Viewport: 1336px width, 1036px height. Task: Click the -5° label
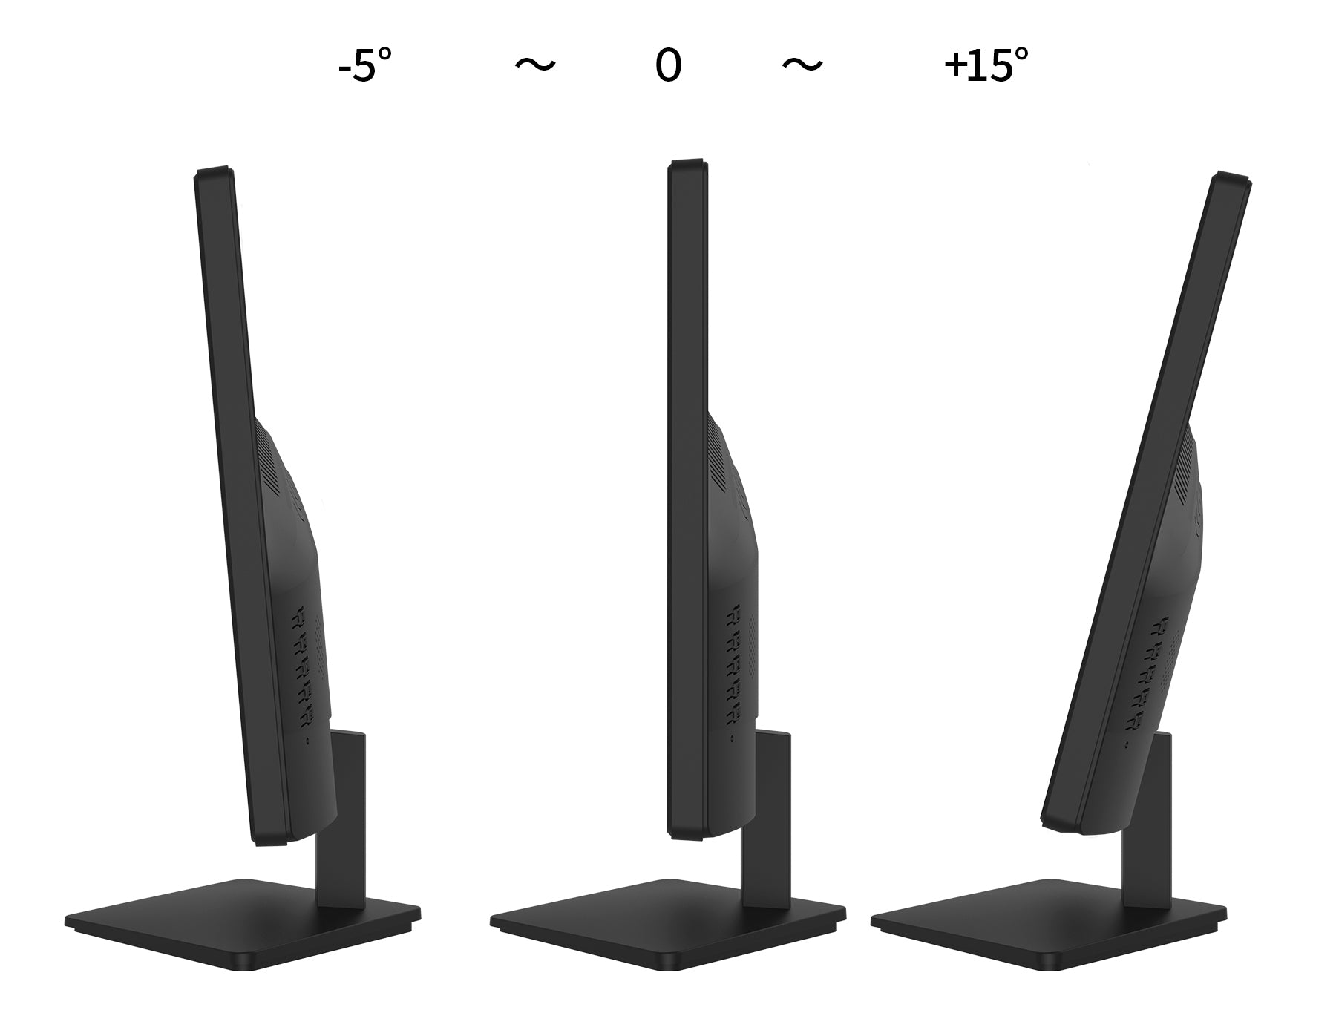point(364,66)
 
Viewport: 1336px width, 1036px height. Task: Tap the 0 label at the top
point(668,66)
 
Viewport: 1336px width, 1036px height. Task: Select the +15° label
point(986,66)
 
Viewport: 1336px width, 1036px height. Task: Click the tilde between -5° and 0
point(535,65)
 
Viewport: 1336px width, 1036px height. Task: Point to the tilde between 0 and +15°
point(802,65)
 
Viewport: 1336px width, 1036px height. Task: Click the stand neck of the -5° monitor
point(341,853)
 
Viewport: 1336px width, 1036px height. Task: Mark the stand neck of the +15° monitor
point(1149,853)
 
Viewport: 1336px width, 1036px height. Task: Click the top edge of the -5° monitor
point(215,172)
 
